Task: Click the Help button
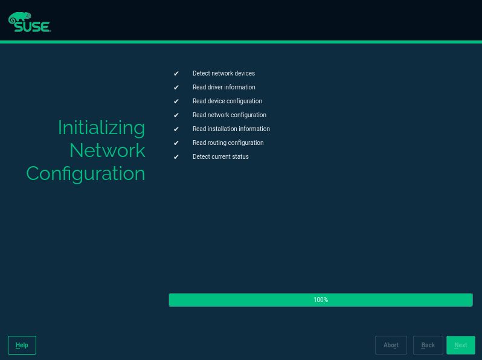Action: click(22, 345)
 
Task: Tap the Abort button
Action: click(391, 345)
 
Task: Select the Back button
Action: click(428, 345)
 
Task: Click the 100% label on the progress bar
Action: click(321, 300)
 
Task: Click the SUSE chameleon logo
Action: click(30, 22)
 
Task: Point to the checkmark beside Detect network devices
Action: click(176, 74)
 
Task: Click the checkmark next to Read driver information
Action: click(176, 88)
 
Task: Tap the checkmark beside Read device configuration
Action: click(176, 101)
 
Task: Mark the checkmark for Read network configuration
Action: click(176, 115)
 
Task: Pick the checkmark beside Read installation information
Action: click(176, 129)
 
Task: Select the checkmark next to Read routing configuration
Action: click(176, 143)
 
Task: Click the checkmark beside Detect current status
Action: click(176, 157)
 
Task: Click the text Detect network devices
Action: click(223, 73)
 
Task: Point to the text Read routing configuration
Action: click(228, 143)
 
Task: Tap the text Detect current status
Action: click(220, 156)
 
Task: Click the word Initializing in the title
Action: click(101, 128)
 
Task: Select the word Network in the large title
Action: click(108, 150)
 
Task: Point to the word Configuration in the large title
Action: click(85, 174)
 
